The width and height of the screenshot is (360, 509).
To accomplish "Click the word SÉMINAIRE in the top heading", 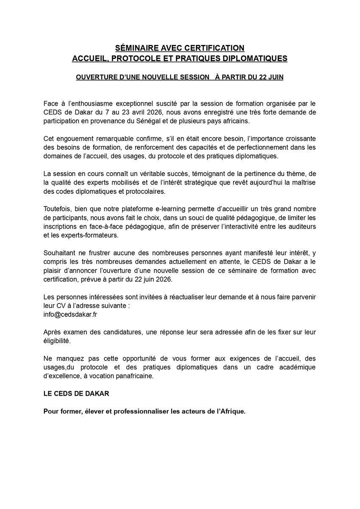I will (x=135, y=48).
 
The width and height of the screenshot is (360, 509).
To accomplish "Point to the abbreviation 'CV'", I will (x=61, y=307).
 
